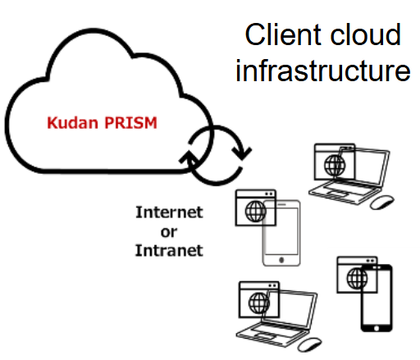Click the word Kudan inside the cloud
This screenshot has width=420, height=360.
[72, 123]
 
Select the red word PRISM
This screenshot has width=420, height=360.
[131, 123]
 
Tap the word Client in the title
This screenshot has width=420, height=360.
[283, 34]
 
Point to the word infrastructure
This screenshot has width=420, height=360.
[323, 70]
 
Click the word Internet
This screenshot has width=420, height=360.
[169, 212]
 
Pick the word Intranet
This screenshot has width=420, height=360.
[169, 250]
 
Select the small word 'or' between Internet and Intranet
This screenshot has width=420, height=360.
[169, 232]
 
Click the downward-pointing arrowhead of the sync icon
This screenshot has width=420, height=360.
[242, 153]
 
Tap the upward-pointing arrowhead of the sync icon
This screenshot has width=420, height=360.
[189, 157]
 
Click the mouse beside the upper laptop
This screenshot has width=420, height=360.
[382, 202]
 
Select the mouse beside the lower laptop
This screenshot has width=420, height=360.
[309, 344]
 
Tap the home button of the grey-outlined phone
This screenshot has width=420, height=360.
[281, 260]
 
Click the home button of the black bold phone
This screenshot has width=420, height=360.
[377, 328]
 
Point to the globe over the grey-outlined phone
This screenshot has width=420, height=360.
[255, 212]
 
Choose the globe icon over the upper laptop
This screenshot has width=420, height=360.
[335, 166]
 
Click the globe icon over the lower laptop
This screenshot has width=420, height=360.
[259, 303]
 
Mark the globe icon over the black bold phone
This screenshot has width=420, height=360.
[357, 278]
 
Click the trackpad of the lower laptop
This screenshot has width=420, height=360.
[263, 336]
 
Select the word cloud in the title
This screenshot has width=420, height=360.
[366, 34]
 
